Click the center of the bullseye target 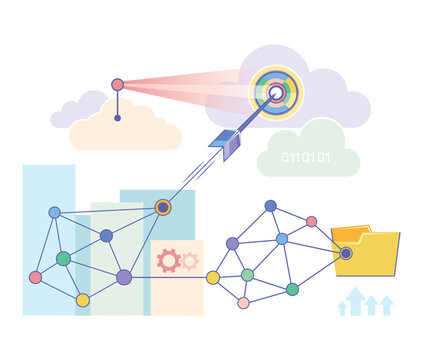pos(275,92)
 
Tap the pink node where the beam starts pos(117,85)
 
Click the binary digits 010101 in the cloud pos(306,157)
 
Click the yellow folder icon pos(367,252)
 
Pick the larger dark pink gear pos(168,261)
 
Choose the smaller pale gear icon pos(188,261)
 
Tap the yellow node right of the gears pos(213,277)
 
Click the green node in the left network pos(63,258)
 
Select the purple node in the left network pos(124,277)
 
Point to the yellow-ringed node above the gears pos(163,207)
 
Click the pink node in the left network pos(36,277)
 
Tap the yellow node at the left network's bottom pos(83,299)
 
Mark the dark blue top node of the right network pos(270,206)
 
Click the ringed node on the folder pos(345,253)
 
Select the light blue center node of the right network pos(282,239)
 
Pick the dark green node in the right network pos(292,289)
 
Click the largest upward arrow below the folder pos(354,299)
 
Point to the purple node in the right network pos(232,243)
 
